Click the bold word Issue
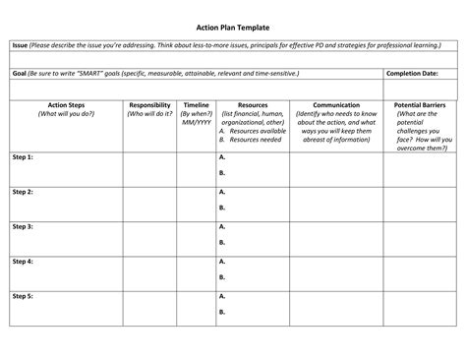click(20, 45)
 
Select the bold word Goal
click(20, 74)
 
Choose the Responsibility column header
click(149, 104)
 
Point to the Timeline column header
click(196, 104)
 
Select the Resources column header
click(253, 104)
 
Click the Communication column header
click(336, 104)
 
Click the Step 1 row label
click(23, 156)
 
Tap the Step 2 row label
click(23, 192)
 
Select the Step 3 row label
click(23, 226)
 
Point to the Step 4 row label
click(23, 262)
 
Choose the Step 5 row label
click(23, 296)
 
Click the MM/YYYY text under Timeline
click(196, 122)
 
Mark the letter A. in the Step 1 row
click(223, 156)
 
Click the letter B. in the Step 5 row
click(223, 312)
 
